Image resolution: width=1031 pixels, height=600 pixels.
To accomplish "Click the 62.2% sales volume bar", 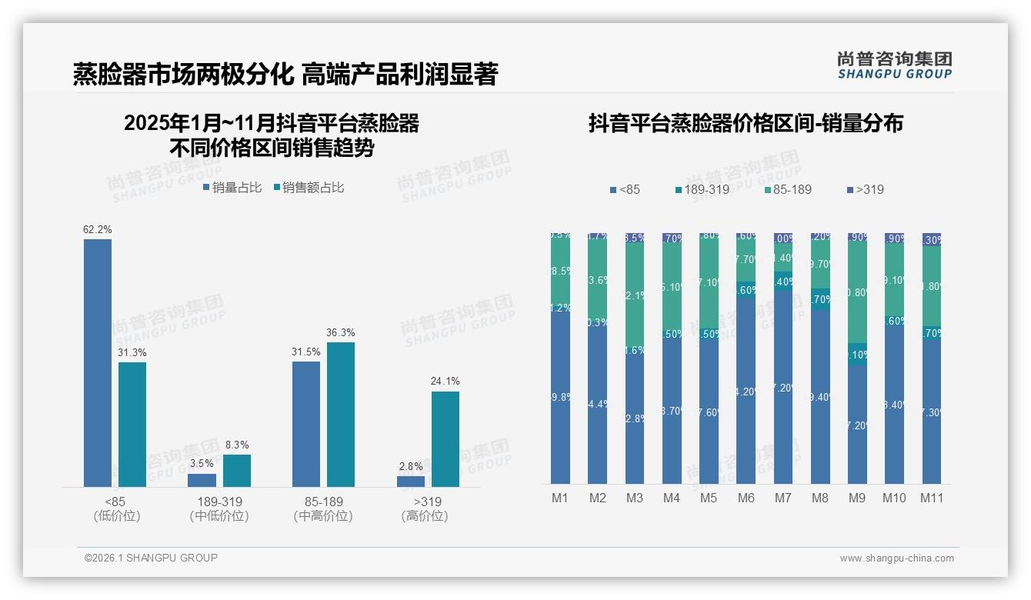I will click(98, 362).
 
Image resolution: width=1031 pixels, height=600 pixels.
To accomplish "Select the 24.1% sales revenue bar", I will click(445, 438).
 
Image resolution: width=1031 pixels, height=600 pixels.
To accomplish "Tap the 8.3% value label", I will click(237, 445).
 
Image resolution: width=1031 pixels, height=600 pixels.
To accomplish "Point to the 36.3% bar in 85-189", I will click(341, 414).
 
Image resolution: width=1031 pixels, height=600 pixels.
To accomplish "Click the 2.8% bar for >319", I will click(411, 481).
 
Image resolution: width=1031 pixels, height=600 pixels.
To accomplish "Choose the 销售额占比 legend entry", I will click(309, 187).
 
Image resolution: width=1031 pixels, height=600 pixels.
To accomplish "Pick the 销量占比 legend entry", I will click(232, 187).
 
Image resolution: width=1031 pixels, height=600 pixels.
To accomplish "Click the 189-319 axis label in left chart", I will click(219, 502).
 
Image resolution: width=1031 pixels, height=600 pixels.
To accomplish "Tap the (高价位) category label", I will click(425, 516).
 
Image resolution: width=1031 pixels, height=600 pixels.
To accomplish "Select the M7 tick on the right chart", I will click(782, 498).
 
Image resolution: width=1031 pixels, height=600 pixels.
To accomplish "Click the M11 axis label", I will click(931, 498).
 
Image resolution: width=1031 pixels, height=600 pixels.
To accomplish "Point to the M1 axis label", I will click(560, 498).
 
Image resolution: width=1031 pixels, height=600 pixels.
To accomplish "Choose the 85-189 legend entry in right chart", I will click(788, 189).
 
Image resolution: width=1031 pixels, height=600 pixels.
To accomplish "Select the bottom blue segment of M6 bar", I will click(746, 392).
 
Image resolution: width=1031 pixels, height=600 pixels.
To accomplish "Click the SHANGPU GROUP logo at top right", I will click(894, 65).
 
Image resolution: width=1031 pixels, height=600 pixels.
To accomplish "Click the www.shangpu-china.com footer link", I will click(896, 558).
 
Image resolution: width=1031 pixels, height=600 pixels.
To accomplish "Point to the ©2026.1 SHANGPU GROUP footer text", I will click(151, 558).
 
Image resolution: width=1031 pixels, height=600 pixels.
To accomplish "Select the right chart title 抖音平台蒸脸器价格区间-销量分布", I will click(746, 123).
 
